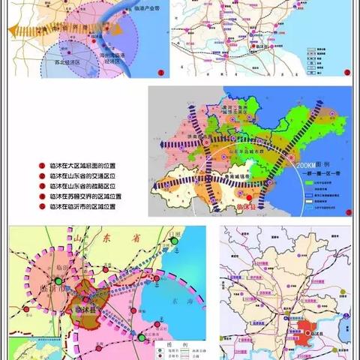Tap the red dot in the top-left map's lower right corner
(158, 73)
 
